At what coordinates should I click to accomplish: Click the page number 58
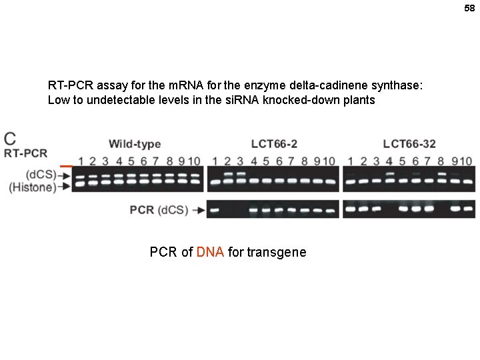point(469,8)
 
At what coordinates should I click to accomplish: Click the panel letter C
point(10,139)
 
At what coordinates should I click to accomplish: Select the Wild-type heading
point(135,144)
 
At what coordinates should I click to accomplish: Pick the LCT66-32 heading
point(409,144)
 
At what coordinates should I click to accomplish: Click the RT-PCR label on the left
point(26,153)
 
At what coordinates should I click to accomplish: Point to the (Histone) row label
point(32,187)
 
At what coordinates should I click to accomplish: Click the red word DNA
point(211,252)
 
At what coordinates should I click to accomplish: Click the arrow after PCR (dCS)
point(198,211)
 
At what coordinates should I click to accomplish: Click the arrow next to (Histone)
point(65,187)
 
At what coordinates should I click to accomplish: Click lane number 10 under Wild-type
point(195,161)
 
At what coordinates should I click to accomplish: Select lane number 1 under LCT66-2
point(215,161)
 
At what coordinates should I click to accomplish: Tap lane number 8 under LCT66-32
point(441,161)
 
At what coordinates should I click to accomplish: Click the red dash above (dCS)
point(66,165)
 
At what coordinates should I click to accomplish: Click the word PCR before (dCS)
point(142,210)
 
